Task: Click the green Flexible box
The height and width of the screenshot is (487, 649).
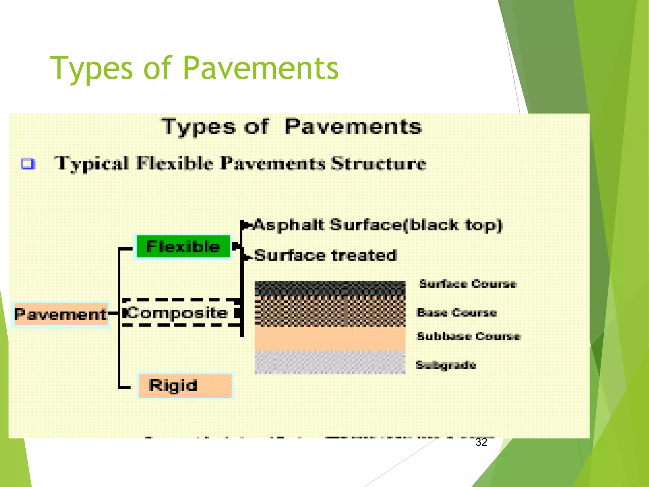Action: pyautogui.click(x=183, y=247)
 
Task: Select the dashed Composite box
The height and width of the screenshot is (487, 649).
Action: pyautogui.click(x=179, y=313)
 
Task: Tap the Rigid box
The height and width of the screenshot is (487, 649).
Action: pyautogui.click(x=185, y=386)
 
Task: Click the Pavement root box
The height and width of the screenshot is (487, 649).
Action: pyautogui.click(x=60, y=315)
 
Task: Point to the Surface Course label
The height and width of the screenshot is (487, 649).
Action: pyautogui.click(x=468, y=283)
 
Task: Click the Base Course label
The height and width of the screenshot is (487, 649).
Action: pyautogui.click(x=457, y=312)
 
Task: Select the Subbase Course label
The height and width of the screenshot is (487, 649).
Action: pyautogui.click(x=468, y=336)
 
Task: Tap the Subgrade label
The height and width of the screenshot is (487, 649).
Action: pyautogui.click(x=446, y=365)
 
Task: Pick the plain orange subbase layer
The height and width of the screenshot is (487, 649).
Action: pyautogui.click(x=330, y=338)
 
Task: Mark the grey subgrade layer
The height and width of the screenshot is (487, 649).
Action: pyautogui.click(x=330, y=362)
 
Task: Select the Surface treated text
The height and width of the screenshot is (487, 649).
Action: pyautogui.click(x=325, y=255)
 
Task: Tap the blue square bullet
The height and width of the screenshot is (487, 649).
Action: pyautogui.click(x=28, y=164)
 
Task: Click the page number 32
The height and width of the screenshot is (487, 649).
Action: pyautogui.click(x=481, y=442)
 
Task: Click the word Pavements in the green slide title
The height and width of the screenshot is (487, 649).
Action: pyautogui.click(x=260, y=68)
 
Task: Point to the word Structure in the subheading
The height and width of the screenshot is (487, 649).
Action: pyautogui.click(x=379, y=164)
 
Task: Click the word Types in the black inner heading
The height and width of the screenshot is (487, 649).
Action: pyautogui.click(x=199, y=127)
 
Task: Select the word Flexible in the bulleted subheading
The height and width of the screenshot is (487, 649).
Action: pyautogui.click(x=174, y=164)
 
